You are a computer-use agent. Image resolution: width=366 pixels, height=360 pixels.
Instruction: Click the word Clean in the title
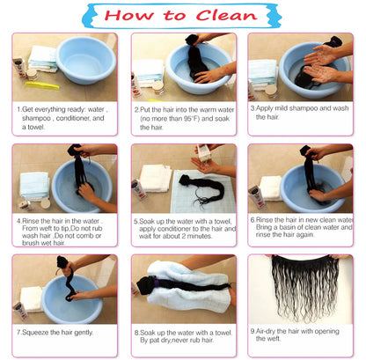226,15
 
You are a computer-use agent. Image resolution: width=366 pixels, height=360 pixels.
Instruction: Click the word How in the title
129,15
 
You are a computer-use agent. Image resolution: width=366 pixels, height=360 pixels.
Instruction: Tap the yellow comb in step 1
42,85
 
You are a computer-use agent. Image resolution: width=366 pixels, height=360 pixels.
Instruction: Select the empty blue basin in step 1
86,60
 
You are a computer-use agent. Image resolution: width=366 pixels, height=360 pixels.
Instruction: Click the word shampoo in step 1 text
36,118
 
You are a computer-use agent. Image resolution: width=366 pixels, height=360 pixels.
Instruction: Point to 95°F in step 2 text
189,119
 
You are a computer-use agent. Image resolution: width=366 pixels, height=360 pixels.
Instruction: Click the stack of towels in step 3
262,74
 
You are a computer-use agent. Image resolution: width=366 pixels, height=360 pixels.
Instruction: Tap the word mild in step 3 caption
281,108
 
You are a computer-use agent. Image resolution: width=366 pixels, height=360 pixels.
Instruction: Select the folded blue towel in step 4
34,186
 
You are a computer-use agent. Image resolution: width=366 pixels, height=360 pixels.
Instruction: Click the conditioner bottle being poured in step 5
203,153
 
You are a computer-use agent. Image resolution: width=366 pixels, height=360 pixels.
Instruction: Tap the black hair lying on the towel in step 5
202,188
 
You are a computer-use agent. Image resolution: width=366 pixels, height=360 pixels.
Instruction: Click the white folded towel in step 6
270,188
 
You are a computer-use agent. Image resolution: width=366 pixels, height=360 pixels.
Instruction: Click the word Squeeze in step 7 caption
35,333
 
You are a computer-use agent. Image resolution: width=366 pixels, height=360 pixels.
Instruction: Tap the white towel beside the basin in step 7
32,298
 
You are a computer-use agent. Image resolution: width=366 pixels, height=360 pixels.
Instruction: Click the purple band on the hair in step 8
157,283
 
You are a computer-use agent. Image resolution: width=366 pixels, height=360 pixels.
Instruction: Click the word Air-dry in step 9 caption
265,331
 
